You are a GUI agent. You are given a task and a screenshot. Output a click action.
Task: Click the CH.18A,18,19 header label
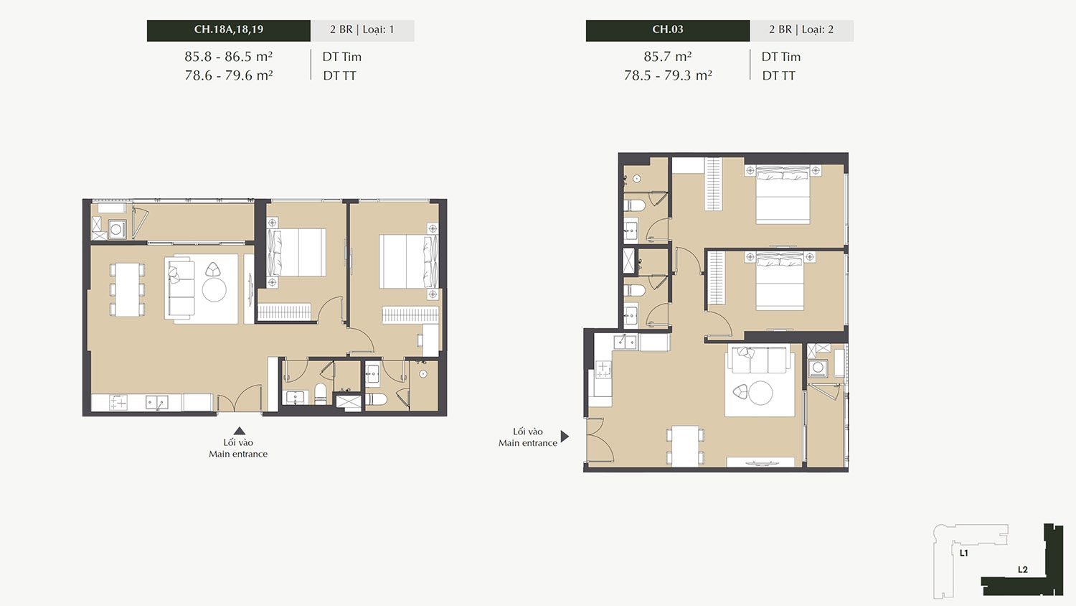pos(229,29)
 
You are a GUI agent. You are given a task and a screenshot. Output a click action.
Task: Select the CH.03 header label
pos(668,29)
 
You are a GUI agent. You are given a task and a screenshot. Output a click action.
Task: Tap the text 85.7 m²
pos(668,57)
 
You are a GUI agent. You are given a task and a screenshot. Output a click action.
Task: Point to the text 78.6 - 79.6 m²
pos(229,75)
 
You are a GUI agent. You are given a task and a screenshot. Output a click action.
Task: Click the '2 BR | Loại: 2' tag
pos(801,30)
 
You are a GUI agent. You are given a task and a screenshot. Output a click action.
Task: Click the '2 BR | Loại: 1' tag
pos(362,30)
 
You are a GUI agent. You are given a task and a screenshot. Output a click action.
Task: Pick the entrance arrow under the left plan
pos(239,431)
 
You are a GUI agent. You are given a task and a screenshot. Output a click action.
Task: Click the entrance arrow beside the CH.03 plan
pos(565,437)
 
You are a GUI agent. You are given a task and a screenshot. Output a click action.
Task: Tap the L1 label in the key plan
pos(963,553)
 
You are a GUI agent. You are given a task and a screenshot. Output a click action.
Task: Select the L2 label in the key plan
pos(1023,570)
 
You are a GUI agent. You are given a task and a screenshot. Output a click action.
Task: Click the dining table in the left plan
pos(127,289)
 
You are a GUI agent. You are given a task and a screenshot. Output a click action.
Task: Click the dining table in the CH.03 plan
pos(686,446)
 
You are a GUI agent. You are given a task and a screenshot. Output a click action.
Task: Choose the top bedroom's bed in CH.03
pos(783,195)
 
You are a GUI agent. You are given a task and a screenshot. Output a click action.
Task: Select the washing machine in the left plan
pos(117,230)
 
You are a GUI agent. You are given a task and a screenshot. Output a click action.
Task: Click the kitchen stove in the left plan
pos(118,403)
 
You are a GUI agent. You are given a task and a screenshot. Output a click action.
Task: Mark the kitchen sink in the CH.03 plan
pos(626,342)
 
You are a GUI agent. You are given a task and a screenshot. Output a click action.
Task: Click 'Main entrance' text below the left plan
pos(237,454)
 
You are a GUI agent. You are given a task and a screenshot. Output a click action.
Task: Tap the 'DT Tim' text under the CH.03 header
pos(781,57)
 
